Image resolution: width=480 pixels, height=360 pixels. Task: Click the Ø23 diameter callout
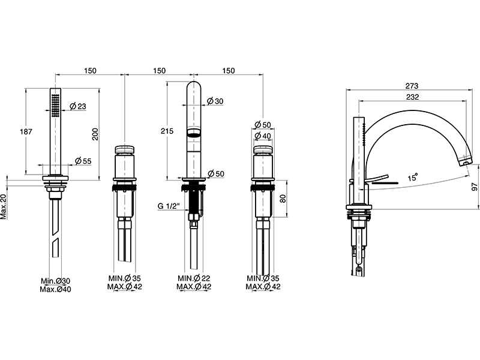[x=79, y=106]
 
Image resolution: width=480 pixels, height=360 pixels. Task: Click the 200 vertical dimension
[x=95, y=135]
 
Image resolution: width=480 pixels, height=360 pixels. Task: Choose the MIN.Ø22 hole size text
[x=193, y=278]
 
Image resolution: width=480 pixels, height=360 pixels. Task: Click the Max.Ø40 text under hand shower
[x=55, y=289]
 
